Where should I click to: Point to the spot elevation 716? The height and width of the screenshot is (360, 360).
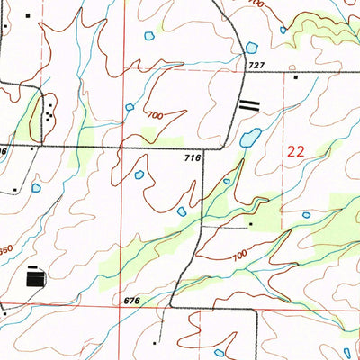[191, 158]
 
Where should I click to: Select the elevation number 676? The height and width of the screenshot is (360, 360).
[130, 300]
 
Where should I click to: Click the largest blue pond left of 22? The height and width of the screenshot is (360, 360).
[250, 138]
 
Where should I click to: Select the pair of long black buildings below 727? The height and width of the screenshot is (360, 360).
[248, 105]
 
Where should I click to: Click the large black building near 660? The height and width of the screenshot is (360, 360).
[35, 279]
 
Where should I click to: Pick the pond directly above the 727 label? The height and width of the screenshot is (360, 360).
[251, 46]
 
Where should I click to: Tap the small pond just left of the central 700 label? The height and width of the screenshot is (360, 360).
[130, 107]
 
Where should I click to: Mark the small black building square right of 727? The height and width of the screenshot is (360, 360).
[295, 78]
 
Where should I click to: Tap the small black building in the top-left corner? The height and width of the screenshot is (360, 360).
[28, 15]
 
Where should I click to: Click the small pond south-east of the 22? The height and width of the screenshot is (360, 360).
[307, 215]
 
